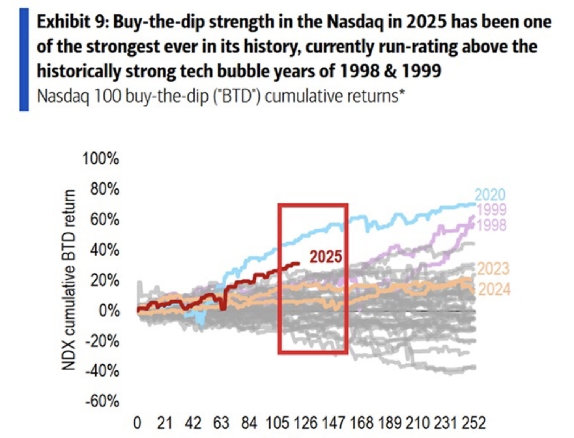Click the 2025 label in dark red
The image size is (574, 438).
pos(325,257)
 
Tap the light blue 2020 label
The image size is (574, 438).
pos(490,195)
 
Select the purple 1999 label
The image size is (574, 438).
pos(492,209)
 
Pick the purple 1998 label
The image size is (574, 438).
pos(492,225)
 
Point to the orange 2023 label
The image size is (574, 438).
pos(493,269)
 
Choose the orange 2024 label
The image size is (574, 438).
pos(494,289)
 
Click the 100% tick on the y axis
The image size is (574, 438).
pos(100,158)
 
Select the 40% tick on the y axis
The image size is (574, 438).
pos(105,250)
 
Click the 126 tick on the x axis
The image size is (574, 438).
pos(305,424)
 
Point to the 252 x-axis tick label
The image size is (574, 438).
pos(474,424)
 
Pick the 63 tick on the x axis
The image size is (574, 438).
pos(221,424)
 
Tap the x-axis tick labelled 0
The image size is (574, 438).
pos(137,424)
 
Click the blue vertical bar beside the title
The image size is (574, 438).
pos(24,59)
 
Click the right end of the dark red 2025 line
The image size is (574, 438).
pos(298,263)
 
